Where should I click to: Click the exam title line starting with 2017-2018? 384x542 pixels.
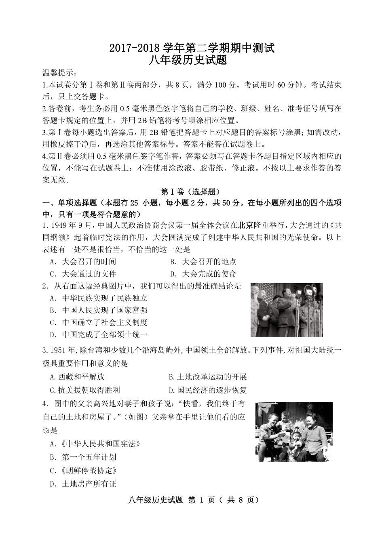tap(192, 48)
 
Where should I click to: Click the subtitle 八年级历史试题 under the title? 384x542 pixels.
tap(192, 61)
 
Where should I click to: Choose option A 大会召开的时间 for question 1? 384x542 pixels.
tap(83, 262)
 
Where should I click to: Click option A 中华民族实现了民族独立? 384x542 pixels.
tap(99, 298)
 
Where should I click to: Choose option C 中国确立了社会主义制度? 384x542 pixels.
tap(99, 322)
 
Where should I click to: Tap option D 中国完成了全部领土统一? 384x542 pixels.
tap(99, 334)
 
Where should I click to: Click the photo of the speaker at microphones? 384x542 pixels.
tap(287, 310)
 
